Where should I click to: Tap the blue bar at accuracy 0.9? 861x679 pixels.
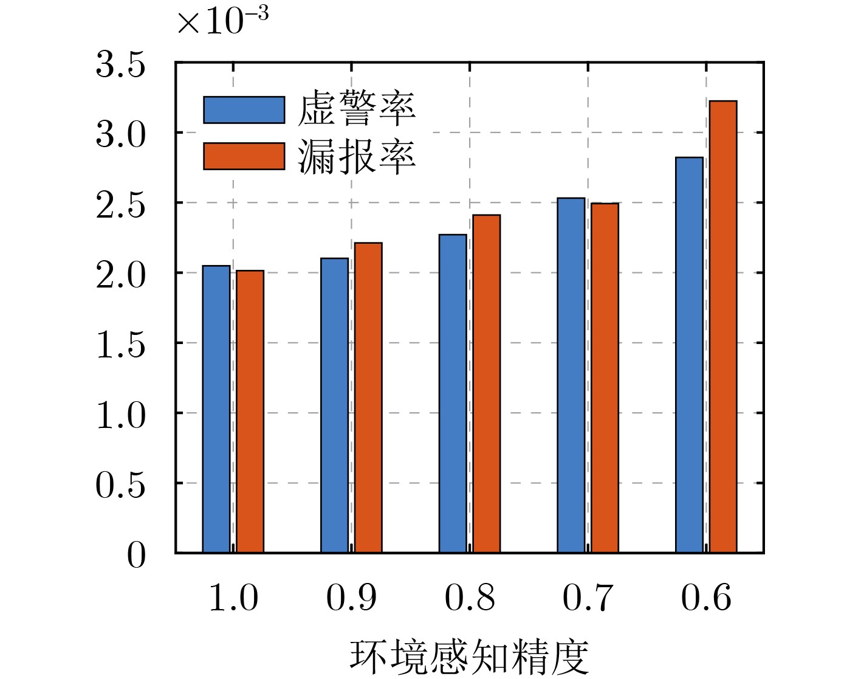335,405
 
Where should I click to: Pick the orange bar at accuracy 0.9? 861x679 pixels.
369,398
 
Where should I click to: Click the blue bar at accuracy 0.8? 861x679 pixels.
453,393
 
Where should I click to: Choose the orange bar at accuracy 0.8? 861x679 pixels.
487,384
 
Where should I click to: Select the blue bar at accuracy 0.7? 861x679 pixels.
571,375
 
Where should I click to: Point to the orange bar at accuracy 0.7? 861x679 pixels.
605,378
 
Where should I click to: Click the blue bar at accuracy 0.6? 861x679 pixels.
690,355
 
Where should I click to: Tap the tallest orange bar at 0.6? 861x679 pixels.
723,327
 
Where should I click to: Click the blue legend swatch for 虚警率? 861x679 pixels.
244,110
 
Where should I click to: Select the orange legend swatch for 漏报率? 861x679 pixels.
244,156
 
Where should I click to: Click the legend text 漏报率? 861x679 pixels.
357,157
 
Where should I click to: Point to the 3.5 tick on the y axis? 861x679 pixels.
121,64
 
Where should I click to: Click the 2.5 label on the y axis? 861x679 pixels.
121,205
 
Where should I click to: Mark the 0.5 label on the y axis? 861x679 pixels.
121,485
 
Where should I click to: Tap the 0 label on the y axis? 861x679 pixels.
136,555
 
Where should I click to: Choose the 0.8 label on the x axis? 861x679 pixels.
470,598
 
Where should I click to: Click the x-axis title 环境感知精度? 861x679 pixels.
469,657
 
